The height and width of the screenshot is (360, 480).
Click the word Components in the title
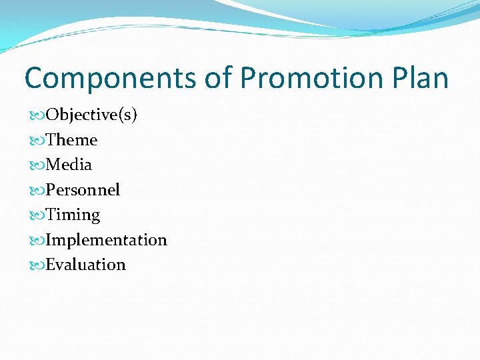point(110,79)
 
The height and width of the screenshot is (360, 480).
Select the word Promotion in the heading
point(309,79)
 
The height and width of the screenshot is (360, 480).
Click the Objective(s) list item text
point(91,115)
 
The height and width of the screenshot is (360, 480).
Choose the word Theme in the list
point(71,140)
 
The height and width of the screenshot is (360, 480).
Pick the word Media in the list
point(69,165)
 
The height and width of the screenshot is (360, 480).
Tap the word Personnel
point(83,190)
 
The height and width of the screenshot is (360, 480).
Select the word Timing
point(73,215)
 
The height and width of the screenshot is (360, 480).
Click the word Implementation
point(106,239)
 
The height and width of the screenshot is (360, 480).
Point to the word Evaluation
point(85,265)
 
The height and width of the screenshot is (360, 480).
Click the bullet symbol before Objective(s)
point(37,115)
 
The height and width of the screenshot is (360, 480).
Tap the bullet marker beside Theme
point(37,141)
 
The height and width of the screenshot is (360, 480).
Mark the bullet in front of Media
point(37,165)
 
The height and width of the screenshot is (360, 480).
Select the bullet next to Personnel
point(37,191)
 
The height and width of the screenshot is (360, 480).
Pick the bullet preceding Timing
point(37,215)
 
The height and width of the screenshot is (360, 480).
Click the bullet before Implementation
point(37,240)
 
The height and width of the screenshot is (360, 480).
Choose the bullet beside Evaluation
point(37,265)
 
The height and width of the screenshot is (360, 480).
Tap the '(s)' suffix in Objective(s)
point(128,115)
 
